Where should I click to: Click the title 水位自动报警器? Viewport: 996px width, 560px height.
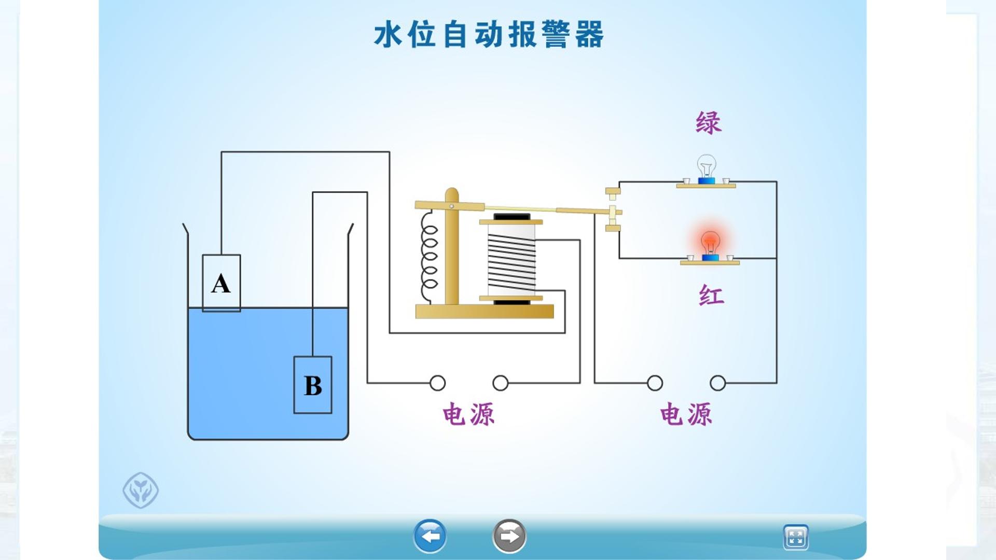489,35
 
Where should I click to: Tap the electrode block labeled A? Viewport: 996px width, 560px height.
222,283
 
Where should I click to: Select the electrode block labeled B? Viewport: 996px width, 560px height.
313,385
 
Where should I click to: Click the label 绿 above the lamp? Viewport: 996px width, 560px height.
709,123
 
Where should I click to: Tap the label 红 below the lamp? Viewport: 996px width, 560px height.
711,296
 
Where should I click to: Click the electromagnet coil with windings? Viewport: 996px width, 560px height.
511,259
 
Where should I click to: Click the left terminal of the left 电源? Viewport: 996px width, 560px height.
438,383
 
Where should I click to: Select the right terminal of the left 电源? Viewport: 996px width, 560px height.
501,383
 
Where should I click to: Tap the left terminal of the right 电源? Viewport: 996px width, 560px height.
655,383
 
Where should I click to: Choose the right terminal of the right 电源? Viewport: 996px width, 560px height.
718,383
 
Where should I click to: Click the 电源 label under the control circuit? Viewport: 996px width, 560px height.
469,414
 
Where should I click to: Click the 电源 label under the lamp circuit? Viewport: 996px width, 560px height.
686,414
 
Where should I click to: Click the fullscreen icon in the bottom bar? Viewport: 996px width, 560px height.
796,537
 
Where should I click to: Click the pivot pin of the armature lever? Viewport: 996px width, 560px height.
451,206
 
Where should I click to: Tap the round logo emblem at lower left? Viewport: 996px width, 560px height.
141,490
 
